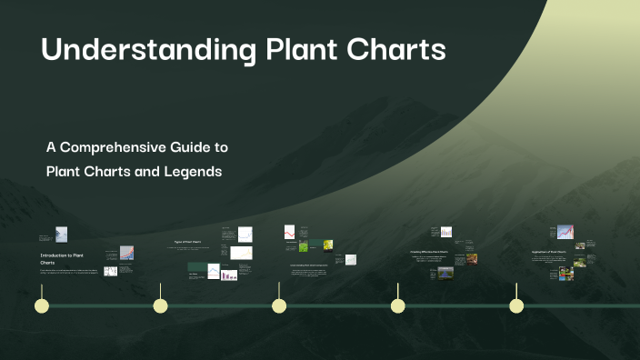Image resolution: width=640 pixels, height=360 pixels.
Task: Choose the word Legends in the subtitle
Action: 191,171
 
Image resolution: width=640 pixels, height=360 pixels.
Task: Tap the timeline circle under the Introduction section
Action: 41,305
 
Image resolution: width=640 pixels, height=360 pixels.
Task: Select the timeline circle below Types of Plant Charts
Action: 161,305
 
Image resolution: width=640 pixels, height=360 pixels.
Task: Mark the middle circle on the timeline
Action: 279,305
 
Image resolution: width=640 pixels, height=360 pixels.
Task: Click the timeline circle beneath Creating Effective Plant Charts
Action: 397,305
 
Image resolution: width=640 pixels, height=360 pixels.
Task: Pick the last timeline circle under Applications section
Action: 516,305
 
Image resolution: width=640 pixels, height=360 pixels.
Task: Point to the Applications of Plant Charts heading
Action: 549,251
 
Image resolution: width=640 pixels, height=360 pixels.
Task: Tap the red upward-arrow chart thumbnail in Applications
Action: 565,232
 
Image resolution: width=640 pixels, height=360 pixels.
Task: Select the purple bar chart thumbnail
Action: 230,274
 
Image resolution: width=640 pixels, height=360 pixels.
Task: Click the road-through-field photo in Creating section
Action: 445,271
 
